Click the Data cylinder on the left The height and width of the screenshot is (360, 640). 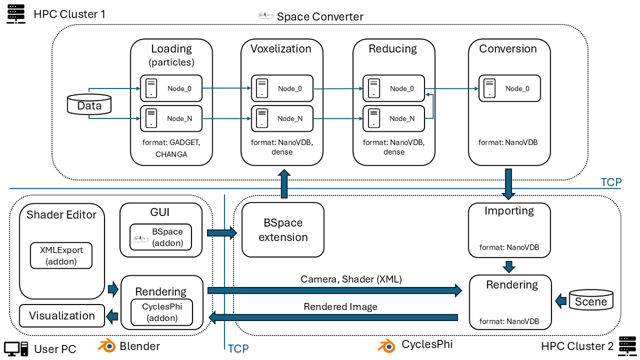(89, 105)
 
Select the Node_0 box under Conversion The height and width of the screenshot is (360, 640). (510, 89)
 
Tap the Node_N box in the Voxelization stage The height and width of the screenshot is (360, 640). (282, 118)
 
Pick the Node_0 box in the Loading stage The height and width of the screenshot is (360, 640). (172, 89)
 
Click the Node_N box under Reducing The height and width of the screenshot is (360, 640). (394, 118)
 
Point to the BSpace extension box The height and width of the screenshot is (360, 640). (283, 230)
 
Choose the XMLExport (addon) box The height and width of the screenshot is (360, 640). (61, 255)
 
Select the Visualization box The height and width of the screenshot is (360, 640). (61, 316)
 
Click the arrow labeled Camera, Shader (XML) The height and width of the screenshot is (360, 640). (335, 290)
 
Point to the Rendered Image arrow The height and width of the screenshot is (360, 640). (335, 318)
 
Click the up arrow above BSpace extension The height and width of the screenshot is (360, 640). (284, 185)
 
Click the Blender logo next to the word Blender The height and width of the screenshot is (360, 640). (107, 346)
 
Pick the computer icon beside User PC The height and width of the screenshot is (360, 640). (17, 348)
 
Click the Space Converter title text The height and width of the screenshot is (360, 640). (319, 17)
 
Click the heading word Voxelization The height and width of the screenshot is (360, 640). (281, 49)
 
